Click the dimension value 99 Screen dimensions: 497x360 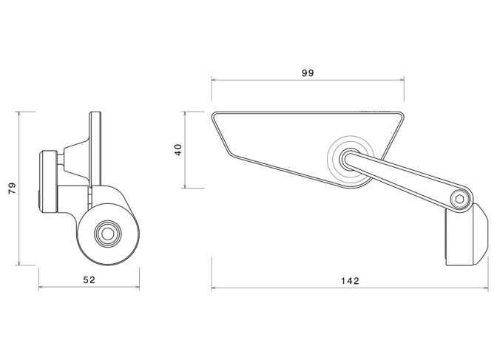click(x=308, y=73)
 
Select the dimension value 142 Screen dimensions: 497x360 click(x=350, y=281)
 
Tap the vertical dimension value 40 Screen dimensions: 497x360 click(x=178, y=149)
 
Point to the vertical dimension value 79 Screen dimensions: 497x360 click(x=12, y=189)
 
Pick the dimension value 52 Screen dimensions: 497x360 click(x=89, y=280)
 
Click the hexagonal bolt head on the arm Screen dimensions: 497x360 click(x=459, y=200)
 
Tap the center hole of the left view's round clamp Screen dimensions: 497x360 click(x=108, y=234)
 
